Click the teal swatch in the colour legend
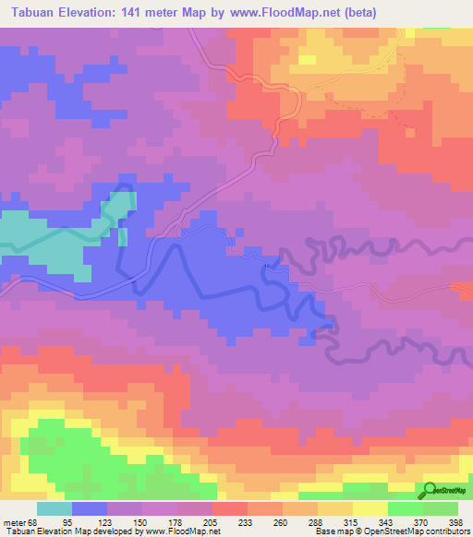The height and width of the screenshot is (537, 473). pos(55,508)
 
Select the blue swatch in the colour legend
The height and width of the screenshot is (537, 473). pos(90,508)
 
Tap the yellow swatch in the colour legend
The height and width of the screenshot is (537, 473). pos(370,508)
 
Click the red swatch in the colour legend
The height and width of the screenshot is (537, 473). pos(230,508)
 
